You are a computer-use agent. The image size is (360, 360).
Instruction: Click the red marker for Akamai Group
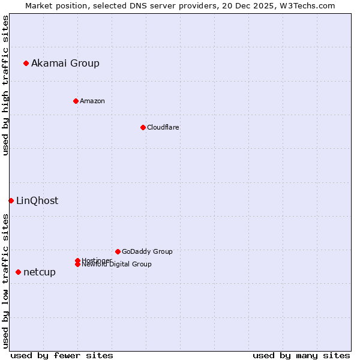pos(26,63)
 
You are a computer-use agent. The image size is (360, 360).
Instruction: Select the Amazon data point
pos(76,101)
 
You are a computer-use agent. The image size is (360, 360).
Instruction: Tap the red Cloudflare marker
pos(143,127)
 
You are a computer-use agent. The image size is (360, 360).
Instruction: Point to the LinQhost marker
pos(11,200)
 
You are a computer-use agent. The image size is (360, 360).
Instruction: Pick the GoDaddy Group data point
pos(118,251)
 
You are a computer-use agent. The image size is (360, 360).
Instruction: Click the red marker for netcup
pos(18,272)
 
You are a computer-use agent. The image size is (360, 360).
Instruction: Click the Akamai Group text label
pos(65,63)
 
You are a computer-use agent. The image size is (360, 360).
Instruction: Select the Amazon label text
pos(92,101)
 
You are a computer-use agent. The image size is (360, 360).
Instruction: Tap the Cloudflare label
pos(163,127)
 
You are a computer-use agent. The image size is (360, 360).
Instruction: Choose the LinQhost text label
pos(37,200)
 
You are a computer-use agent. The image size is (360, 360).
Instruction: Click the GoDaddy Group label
pos(147,251)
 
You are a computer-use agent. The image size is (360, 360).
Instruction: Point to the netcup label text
pos(40,272)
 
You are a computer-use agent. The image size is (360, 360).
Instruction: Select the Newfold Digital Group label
pos(117,264)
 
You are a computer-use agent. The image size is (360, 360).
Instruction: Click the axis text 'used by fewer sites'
pos(62,355)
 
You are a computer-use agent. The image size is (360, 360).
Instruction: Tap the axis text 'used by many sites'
pos(301,355)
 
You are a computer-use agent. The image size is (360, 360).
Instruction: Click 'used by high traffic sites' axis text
pos(5,85)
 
